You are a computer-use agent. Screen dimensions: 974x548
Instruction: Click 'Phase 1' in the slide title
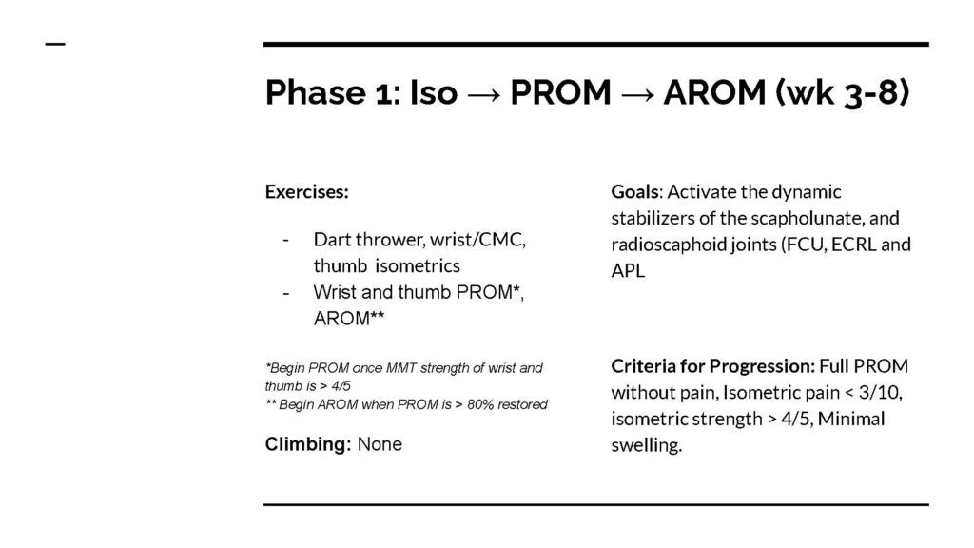pyautogui.click(x=328, y=92)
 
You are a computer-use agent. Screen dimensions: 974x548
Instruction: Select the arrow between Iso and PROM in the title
pyautogui.click(x=483, y=94)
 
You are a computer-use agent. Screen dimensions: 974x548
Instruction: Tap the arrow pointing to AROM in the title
pyautogui.click(x=637, y=94)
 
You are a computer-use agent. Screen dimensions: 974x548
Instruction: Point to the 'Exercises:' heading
pyautogui.click(x=307, y=191)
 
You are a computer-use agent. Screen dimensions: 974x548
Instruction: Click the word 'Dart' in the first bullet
pyautogui.click(x=332, y=239)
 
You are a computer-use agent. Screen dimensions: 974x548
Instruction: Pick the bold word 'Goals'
pyautogui.click(x=634, y=191)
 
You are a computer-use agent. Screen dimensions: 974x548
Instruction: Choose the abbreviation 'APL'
pyautogui.click(x=628, y=271)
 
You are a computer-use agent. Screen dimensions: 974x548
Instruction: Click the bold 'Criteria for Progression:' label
pyautogui.click(x=713, y=366)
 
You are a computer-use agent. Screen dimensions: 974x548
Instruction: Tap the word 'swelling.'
pyautogui.click(x=647, y=445)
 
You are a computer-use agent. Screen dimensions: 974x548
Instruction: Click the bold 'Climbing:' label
pyautogui.click(x=308, y=444)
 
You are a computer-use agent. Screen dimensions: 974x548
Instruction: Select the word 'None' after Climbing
pyautogui.click(x=380, y=444)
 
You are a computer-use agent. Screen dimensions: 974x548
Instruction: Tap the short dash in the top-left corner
pyautogui.click(x=55, y=44)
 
